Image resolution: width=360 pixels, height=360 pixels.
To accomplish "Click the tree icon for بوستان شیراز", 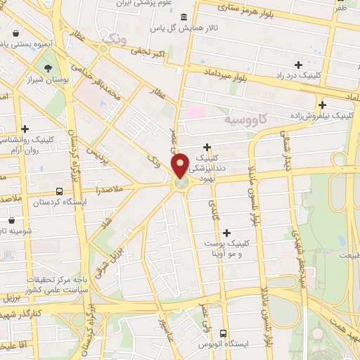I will [48, 69].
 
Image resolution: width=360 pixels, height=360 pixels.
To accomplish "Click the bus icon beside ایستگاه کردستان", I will [58, 191].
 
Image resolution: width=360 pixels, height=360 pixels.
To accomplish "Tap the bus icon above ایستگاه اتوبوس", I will [224, 333].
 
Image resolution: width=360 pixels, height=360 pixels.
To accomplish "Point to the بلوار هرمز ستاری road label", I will [240, 10].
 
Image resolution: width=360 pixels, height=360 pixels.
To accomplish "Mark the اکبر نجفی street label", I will [150, 52].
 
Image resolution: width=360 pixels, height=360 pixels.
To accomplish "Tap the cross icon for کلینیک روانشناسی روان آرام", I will [25, 128].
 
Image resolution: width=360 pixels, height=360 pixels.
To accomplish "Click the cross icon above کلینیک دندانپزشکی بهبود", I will [207, 146].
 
